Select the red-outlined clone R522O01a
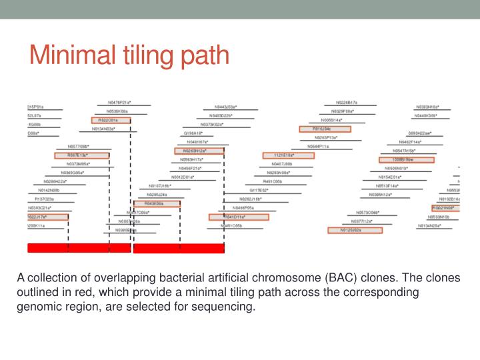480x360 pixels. coord(111,120)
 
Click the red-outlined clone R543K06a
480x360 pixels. coord(162,203)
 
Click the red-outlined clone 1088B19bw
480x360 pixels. coord(406,160)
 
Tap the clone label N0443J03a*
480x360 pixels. coord(225,107)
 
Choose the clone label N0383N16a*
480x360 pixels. coord(427,107)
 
